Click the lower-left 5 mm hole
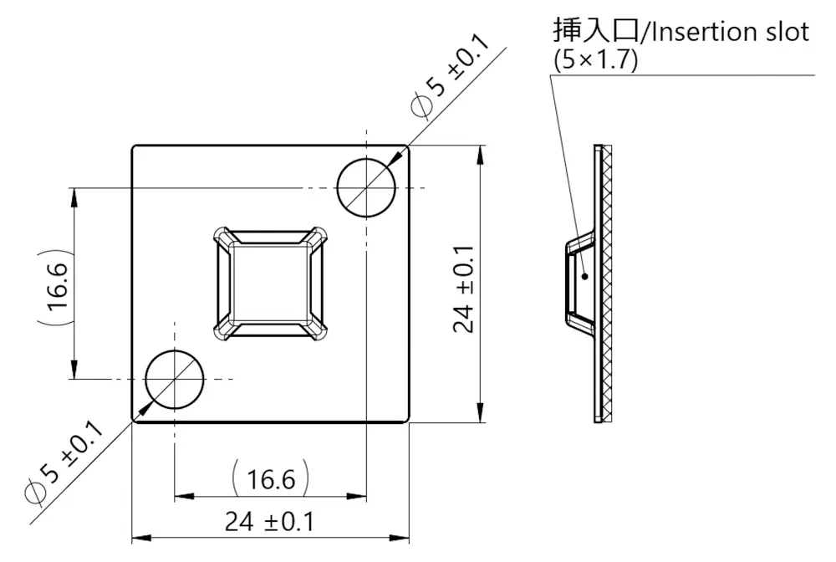[175, 380]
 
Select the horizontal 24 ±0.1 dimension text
[269, 523]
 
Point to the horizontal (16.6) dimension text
[271, 480]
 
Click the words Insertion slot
[729, 32]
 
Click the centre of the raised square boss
[270, 284]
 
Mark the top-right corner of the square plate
[409, 146]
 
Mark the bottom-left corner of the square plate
[133, 422]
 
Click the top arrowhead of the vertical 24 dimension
[481, 153]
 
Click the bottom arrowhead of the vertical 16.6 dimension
[74, 372]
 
